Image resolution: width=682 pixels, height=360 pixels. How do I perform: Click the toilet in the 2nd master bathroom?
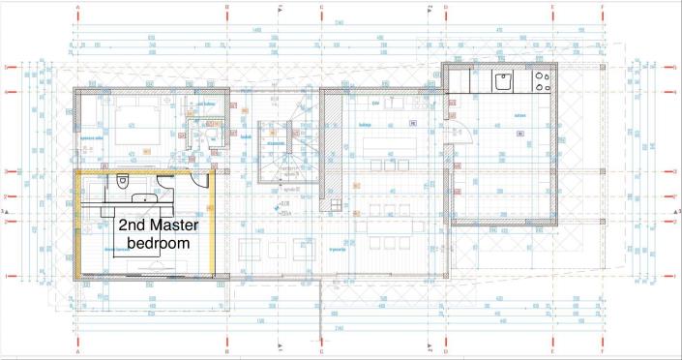123,182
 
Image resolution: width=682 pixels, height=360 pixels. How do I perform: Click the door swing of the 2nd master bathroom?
199,180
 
